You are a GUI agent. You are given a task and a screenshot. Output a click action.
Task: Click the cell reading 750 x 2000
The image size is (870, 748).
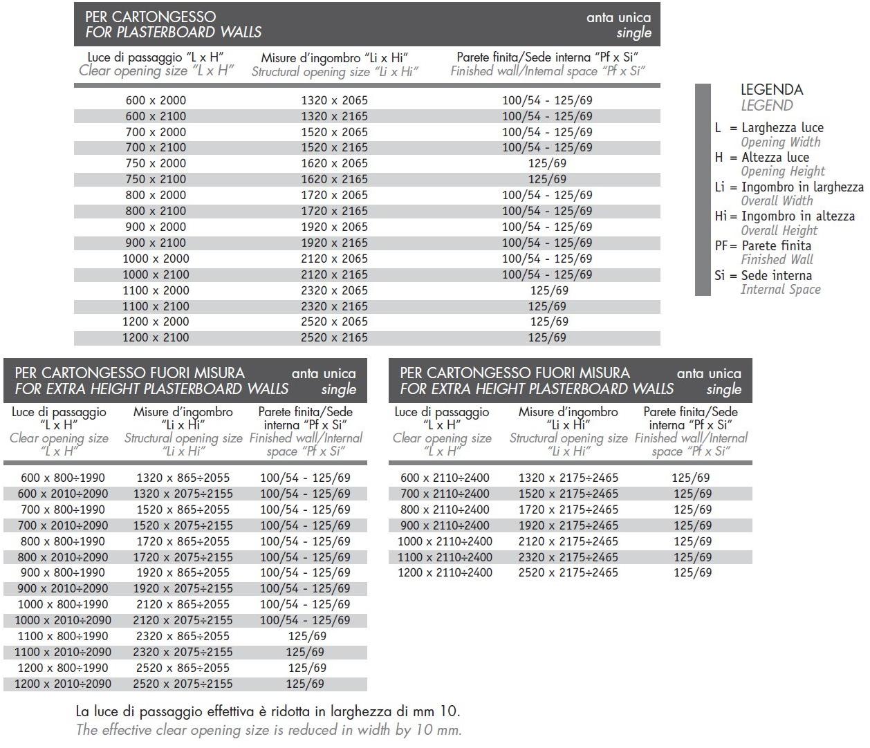156,163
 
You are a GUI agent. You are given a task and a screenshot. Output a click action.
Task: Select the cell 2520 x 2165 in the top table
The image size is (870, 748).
334,337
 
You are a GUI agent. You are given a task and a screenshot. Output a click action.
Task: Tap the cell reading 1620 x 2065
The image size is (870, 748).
334,163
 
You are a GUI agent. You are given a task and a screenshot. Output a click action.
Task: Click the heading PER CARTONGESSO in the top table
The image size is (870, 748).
150,16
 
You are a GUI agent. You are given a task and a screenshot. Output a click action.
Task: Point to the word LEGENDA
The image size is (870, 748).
772,89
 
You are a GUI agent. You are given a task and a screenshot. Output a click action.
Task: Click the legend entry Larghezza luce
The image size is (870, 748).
782,127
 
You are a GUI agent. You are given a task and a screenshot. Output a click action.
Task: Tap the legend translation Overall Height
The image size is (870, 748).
779,230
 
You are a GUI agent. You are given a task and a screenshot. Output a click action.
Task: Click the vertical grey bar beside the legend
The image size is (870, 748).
703,189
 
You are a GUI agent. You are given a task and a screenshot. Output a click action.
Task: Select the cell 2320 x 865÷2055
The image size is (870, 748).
183,636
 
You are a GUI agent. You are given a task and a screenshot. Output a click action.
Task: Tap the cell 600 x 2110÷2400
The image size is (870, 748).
445,478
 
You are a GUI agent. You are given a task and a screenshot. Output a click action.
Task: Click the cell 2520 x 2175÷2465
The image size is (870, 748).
568,572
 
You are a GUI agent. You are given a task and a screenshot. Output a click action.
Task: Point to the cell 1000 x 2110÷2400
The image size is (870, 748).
445,541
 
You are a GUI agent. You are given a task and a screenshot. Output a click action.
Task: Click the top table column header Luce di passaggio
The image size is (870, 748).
156,57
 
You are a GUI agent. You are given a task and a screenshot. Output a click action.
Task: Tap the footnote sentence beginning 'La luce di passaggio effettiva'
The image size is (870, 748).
267,711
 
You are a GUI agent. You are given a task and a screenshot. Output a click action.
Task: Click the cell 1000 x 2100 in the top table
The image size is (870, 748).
156,274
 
